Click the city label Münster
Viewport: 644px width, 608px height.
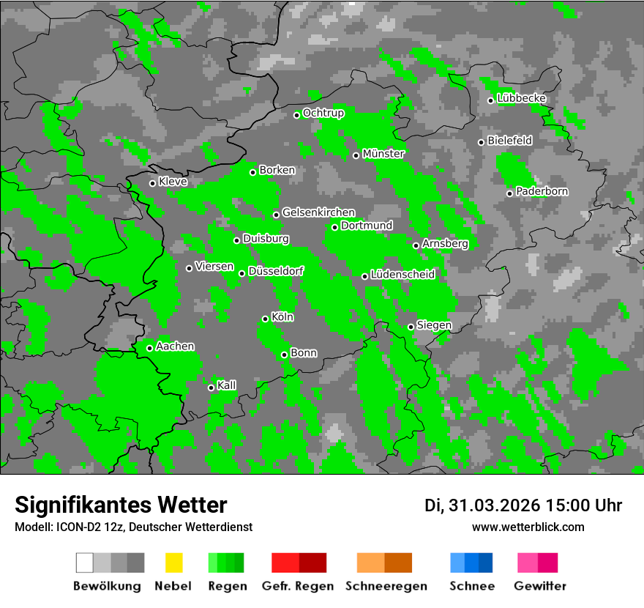click(x=383, y=154)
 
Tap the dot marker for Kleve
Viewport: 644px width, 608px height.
click(x=152, y=183)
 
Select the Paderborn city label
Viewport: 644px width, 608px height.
click(x=542, y=191)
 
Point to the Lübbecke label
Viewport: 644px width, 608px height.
click(x=522, y=98)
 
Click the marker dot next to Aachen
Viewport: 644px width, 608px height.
click(x=149, y=348)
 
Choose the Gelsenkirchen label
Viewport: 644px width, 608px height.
click(x=318, y=212)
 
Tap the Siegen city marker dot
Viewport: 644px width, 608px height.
click(x=411, y=327)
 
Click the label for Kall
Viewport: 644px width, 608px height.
click(x=227, y=385)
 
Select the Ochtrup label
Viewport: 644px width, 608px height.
click(x=323, y=113)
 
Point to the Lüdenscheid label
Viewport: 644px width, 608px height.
click(x=402, y=274)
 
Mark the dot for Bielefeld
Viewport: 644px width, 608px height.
click(x=481, y=142)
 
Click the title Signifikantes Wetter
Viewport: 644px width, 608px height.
click(x=121, y=505)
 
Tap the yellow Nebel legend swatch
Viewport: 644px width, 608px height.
click(x=173, y=563)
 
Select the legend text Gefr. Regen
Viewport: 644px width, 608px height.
click(x=298, y=586)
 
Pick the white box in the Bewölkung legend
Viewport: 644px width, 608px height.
click(x=84, y=563)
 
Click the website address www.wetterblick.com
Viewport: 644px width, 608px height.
click(x=528, y=527)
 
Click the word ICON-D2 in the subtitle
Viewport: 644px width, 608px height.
click(x=75, y=527)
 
